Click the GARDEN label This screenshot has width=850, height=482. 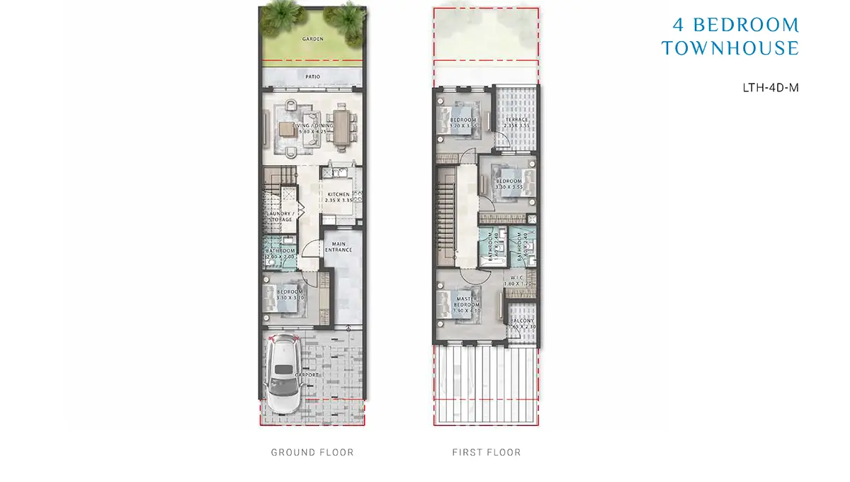pos(312,39)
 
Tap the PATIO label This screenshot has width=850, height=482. pos(312,76)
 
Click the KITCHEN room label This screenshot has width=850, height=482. pos(338,194)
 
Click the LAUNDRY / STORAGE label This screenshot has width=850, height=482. pos(278,216)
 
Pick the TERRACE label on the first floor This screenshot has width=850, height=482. pos(516,120)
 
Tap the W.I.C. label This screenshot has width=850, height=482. pos(516,277)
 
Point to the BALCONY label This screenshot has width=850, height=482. pos(522,321)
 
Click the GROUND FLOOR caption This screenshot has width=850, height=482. pos(312,452)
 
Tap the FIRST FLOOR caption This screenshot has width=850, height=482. pos(487,452)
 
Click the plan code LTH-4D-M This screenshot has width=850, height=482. pos(770,88)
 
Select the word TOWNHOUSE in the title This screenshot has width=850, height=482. pos(730,48)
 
